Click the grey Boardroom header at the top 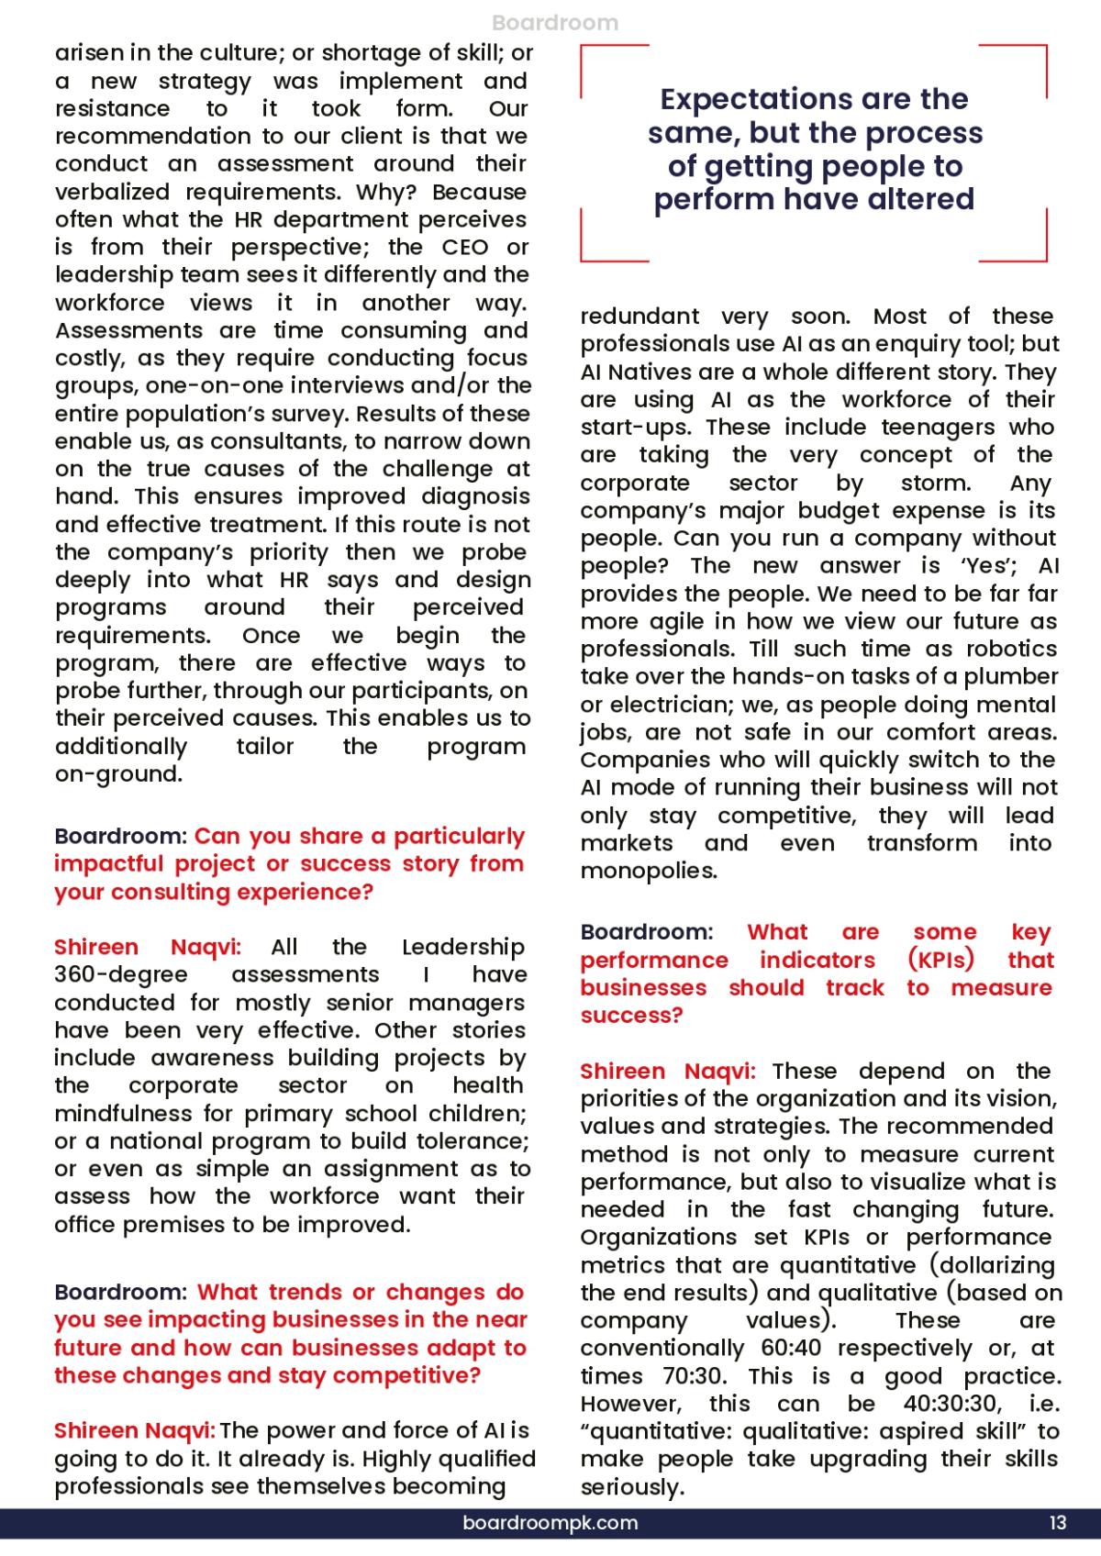point(555,23)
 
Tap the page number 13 point(1057,1523)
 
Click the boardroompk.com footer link point(550,1523)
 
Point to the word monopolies point(649,871)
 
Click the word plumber point(1013,677)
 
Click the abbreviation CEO point(465,248)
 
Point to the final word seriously point(632,1487)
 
